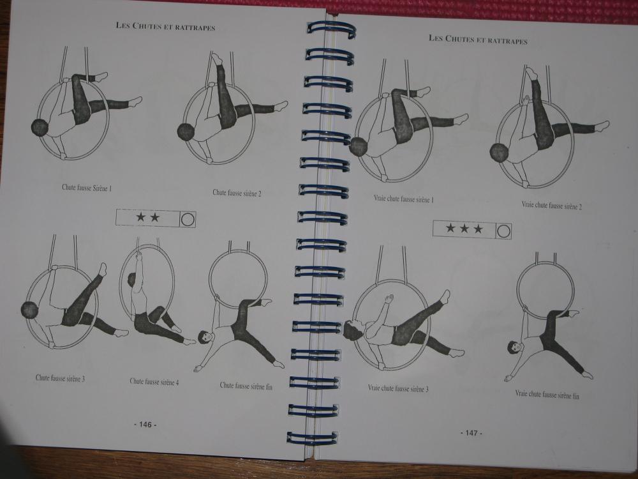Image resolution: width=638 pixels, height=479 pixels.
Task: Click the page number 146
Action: pos(145,425)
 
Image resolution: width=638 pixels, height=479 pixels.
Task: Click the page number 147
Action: pos(471,433)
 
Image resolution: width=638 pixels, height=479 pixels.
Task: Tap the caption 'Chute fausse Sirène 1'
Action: pos(87,188)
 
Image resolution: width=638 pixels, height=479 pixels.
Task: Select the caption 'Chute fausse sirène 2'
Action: pos(237,193)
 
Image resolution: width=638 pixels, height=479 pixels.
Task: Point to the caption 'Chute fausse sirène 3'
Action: pos(60,378)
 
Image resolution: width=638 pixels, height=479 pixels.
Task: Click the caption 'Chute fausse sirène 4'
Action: pos(154,382)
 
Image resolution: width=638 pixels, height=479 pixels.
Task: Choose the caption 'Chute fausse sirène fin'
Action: pos(246,386)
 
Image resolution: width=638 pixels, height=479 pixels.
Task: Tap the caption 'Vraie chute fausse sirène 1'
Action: pos(404,199)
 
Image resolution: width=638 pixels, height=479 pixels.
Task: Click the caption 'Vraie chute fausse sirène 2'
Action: pos(552,206)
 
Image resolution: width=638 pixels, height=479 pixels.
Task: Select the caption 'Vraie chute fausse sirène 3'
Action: pos(398,388)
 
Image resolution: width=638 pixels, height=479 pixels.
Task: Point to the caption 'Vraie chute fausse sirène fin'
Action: pos(547,394)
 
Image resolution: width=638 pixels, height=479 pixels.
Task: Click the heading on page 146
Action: pos(165,26)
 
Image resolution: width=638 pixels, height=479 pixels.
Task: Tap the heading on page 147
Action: pos(478,40)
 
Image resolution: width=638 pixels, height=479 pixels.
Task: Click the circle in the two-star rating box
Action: pos(188,220)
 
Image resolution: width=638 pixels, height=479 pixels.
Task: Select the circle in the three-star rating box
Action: pos(503,231)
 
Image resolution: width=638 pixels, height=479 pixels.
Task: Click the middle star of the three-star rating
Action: pos(464,228)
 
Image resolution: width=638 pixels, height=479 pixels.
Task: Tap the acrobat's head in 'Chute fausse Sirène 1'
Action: pos(40,128)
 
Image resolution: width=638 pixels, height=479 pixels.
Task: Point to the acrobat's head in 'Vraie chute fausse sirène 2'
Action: pos(500,152)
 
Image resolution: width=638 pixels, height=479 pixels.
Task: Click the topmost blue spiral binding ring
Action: pos(331,29)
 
